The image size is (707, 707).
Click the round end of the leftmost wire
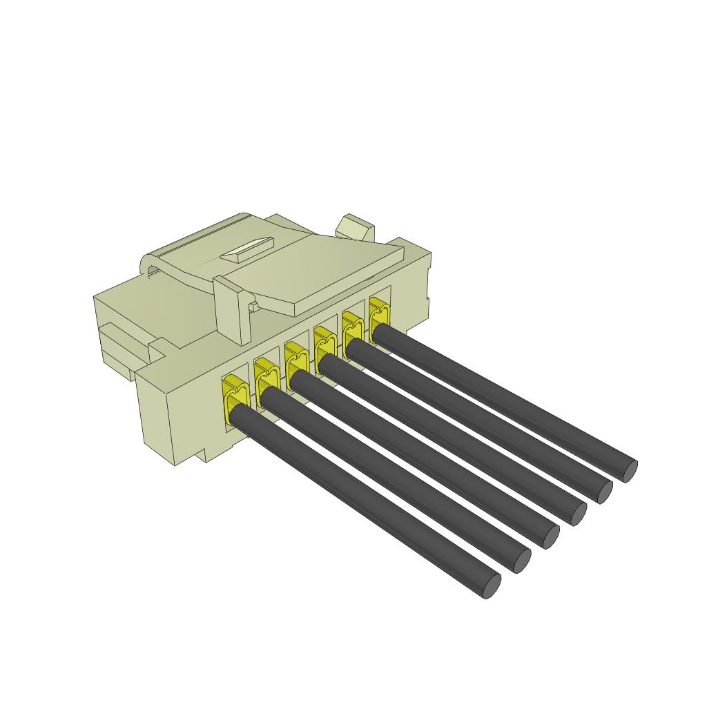(x=490, y=586)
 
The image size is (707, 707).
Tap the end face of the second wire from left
(x=521, y=561)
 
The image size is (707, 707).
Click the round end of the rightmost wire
(x=629, y=471)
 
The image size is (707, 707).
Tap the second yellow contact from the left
(x=265, y=376)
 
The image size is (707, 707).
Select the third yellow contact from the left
(x=295, y=359)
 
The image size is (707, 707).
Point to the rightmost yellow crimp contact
(x=378, y=313)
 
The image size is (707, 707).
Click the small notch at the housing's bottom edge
(x=204, y=456)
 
